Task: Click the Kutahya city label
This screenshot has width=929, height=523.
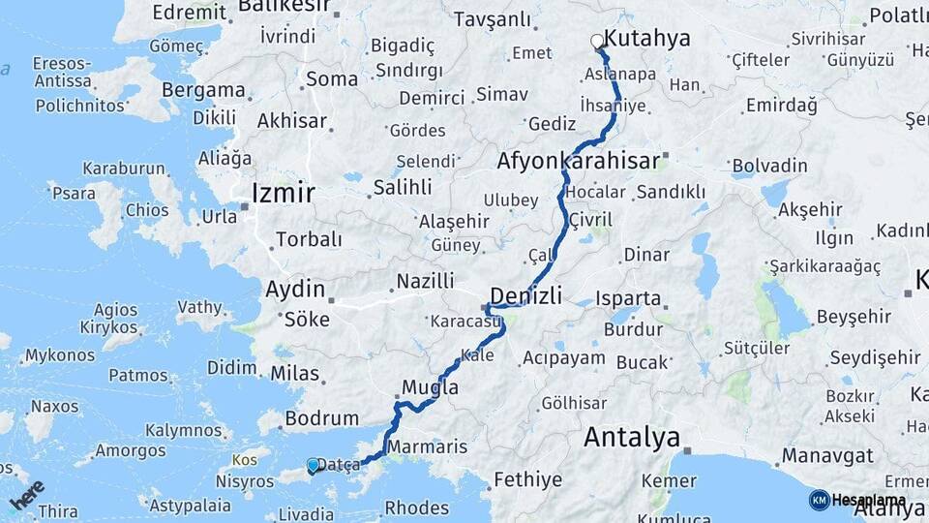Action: tap(653, 39)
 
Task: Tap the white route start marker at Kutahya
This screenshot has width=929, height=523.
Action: tap(598, 41)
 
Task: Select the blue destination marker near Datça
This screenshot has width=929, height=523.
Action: tap(313, 466)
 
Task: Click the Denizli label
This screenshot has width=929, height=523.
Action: tap(527, 294)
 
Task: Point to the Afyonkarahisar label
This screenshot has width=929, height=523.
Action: tap(578, 160)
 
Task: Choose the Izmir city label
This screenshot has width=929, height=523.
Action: tap(283, 194)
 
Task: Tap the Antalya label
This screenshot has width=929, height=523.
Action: tap(632, 438)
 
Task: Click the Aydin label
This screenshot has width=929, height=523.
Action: tap(295, 289)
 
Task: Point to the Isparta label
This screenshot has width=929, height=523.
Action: tap(629, 298)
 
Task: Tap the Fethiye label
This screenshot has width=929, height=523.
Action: tap(527, 479)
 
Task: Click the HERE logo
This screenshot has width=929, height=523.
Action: tap(28, 494)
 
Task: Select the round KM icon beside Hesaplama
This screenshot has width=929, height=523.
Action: tap(819, 500)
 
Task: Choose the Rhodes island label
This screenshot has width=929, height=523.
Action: tap(416, 508)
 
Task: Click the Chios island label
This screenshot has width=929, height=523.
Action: tap(147, 210)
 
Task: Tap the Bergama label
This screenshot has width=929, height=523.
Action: tap(203, 90)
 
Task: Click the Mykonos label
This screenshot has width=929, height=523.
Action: tap(60, 356)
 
